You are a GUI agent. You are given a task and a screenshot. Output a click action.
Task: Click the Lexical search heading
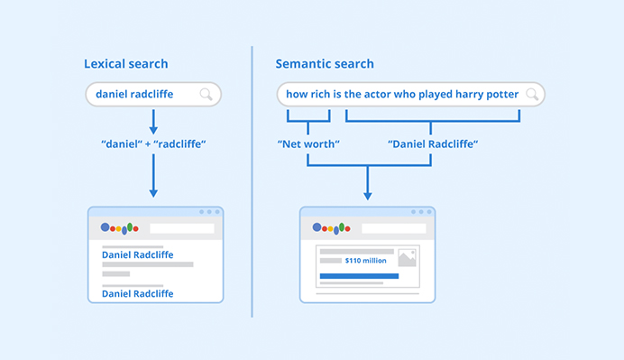125,64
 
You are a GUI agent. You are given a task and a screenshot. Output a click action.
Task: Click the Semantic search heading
325,64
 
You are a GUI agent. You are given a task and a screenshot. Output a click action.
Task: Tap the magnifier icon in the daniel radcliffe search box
206,94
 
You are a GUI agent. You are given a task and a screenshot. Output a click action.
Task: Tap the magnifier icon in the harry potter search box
532,94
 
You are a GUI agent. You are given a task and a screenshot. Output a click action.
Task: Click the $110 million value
365,261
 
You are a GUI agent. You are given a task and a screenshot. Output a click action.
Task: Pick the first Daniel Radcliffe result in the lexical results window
137,255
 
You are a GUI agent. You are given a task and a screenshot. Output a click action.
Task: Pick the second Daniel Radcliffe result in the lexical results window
137,293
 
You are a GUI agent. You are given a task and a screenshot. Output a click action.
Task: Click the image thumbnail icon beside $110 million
407,258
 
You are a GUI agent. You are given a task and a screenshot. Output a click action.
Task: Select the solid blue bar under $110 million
359,275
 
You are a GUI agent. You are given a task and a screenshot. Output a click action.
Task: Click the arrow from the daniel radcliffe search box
153,121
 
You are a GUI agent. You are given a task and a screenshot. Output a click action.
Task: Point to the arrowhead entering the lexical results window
153,192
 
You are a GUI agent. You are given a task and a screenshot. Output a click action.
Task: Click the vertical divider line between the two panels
252,180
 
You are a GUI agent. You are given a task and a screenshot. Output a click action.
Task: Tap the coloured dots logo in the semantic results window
331,229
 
